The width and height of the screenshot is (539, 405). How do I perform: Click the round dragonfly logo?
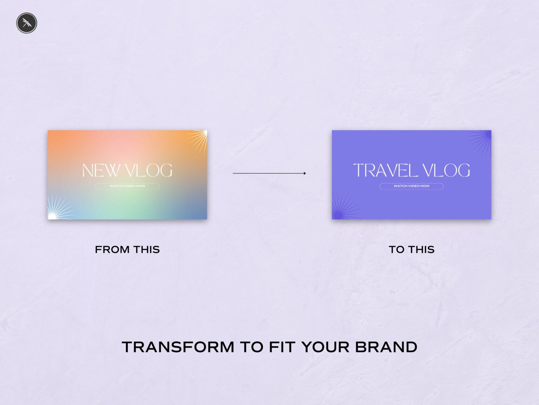coord(27,23)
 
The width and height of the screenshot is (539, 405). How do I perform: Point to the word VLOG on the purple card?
coord(446,171)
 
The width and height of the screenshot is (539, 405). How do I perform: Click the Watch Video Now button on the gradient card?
coord(127,186)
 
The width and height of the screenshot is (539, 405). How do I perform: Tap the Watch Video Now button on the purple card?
coord(411,186)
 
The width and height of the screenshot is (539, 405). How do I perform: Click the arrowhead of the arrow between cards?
coord(304,173)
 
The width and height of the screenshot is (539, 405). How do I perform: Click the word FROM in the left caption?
coord(112,250)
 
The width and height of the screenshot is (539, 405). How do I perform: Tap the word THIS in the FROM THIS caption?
coord(146,250)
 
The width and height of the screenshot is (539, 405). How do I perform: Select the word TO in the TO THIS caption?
coord(397,250)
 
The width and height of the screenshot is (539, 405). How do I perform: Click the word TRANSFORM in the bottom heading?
coord(178,347)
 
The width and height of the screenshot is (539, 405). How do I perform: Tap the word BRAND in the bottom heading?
coord(386,347)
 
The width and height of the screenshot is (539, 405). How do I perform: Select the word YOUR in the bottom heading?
coord(325,347)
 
